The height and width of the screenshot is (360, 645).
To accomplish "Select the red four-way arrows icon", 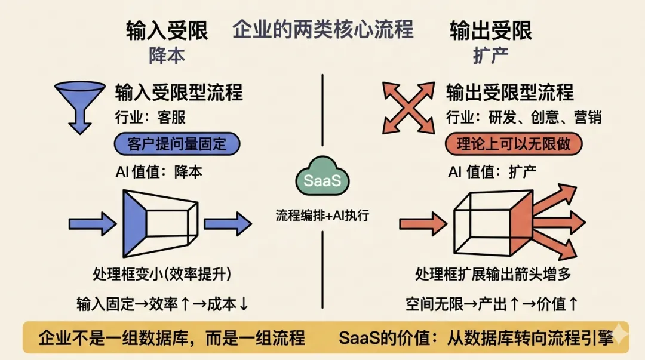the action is tap(408, 107).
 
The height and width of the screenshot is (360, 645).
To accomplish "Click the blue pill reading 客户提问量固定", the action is tap(177, 144).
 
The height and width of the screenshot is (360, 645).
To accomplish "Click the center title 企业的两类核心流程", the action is tap(322, 29).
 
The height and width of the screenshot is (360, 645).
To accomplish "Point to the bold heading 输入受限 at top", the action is tap(167, 31).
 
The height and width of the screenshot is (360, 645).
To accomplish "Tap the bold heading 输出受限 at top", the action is tap(490, 31).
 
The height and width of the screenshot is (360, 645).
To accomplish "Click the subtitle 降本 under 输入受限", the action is tap(167, 56).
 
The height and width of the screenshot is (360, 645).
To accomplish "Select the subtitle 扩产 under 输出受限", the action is tap(490, 56).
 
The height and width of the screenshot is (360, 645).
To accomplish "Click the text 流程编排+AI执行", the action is tap(322, 216).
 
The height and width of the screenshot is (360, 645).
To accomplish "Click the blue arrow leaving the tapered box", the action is tap(228, 223).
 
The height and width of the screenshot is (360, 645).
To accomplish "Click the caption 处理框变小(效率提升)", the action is tap(162, 274).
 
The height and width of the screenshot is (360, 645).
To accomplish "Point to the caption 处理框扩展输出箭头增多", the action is tap(493, 274).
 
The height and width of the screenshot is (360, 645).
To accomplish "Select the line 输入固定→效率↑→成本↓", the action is tap(162, 304).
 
